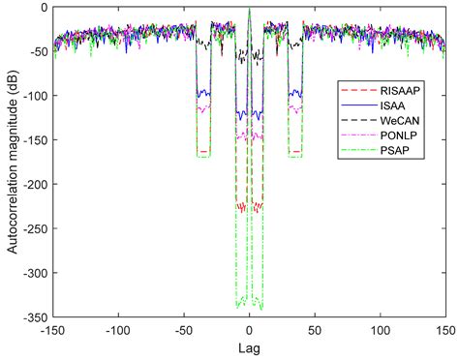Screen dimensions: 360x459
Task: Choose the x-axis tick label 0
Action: tap(249, 329)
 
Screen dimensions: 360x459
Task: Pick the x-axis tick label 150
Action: tap(443, 329)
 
